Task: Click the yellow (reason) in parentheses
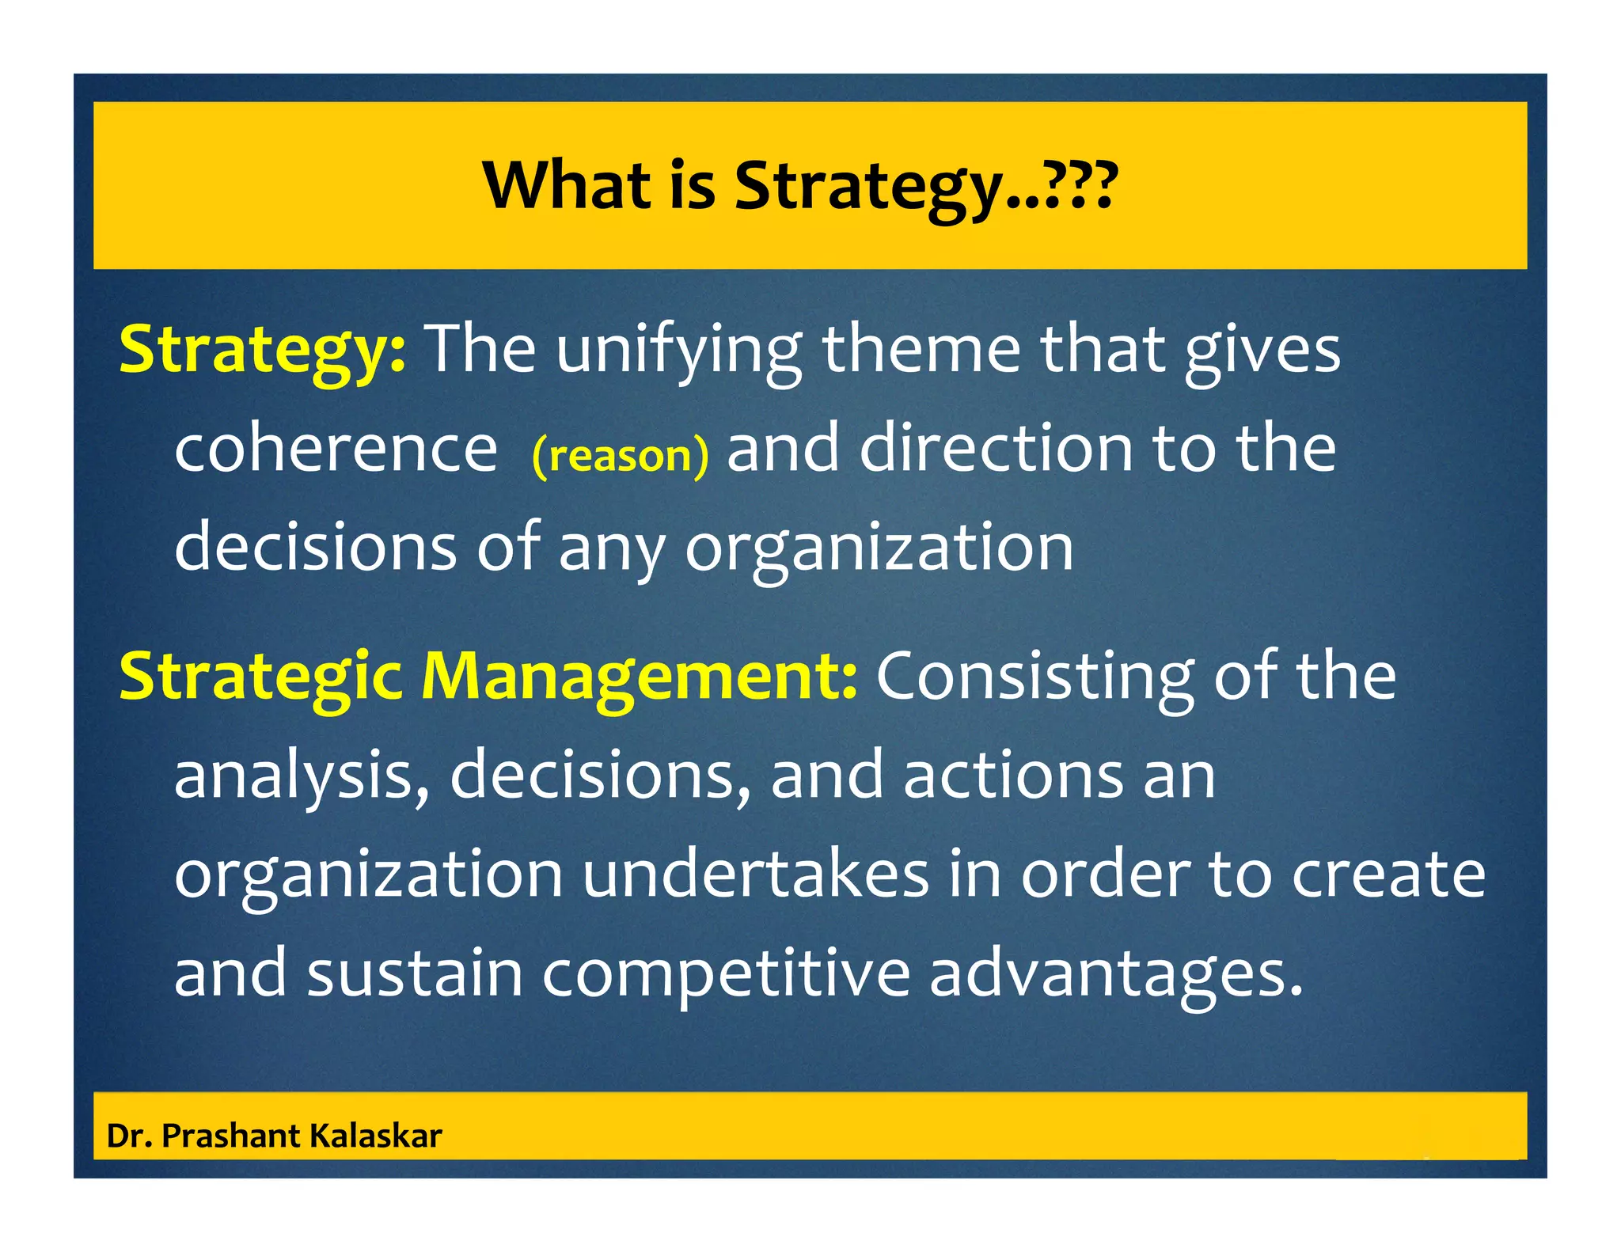(x=621, y=456)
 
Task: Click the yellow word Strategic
(x=260, y=677)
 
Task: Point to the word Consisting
(x=1035, y=677)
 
